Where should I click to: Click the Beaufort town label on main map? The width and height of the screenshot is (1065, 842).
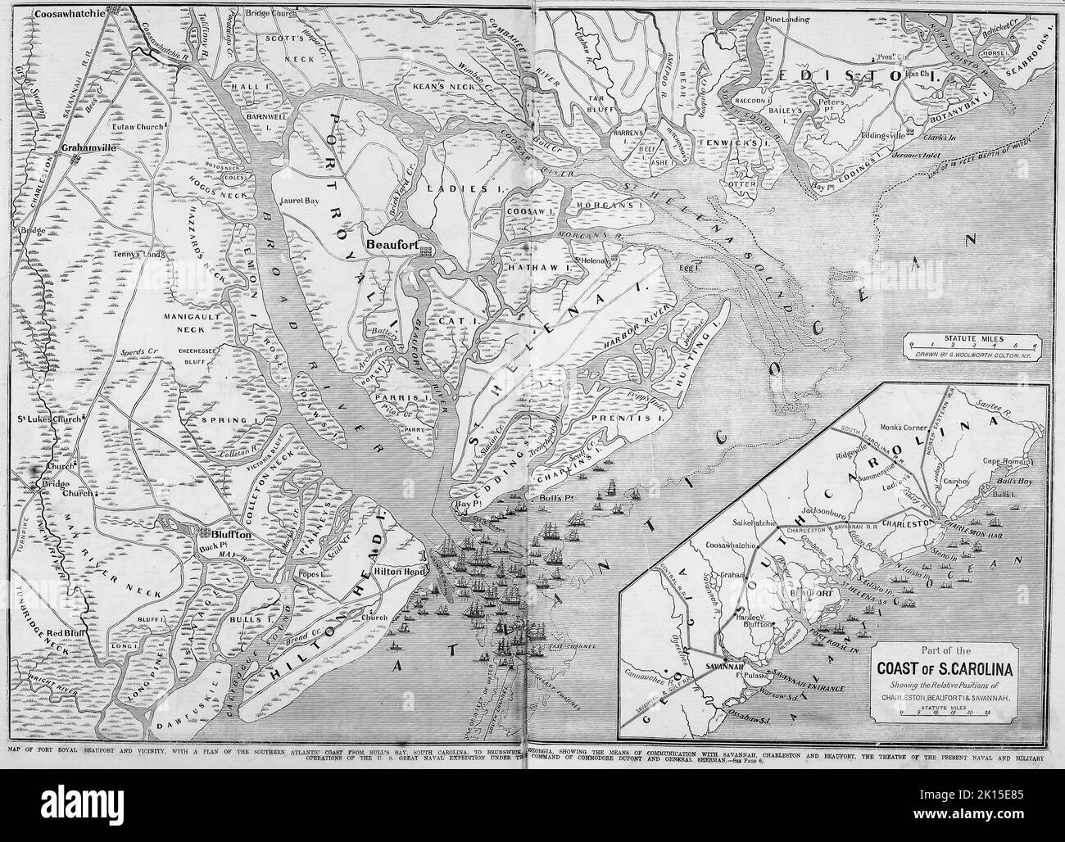point(396,244)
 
